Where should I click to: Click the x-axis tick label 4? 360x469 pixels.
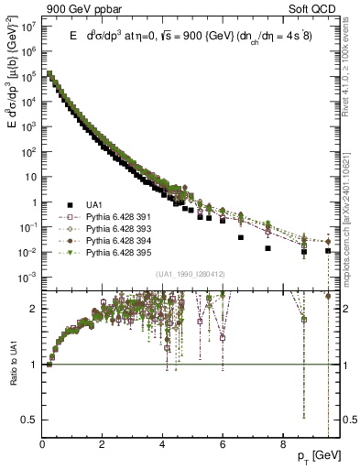(x=162, y=445)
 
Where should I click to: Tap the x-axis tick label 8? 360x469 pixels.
(x=282, y=445)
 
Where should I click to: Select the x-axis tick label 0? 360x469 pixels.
(x=43, y=445)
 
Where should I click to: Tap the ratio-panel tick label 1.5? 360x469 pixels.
(x=30, y=333)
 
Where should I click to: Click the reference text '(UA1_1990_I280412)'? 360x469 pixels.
(x=191, y=274)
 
